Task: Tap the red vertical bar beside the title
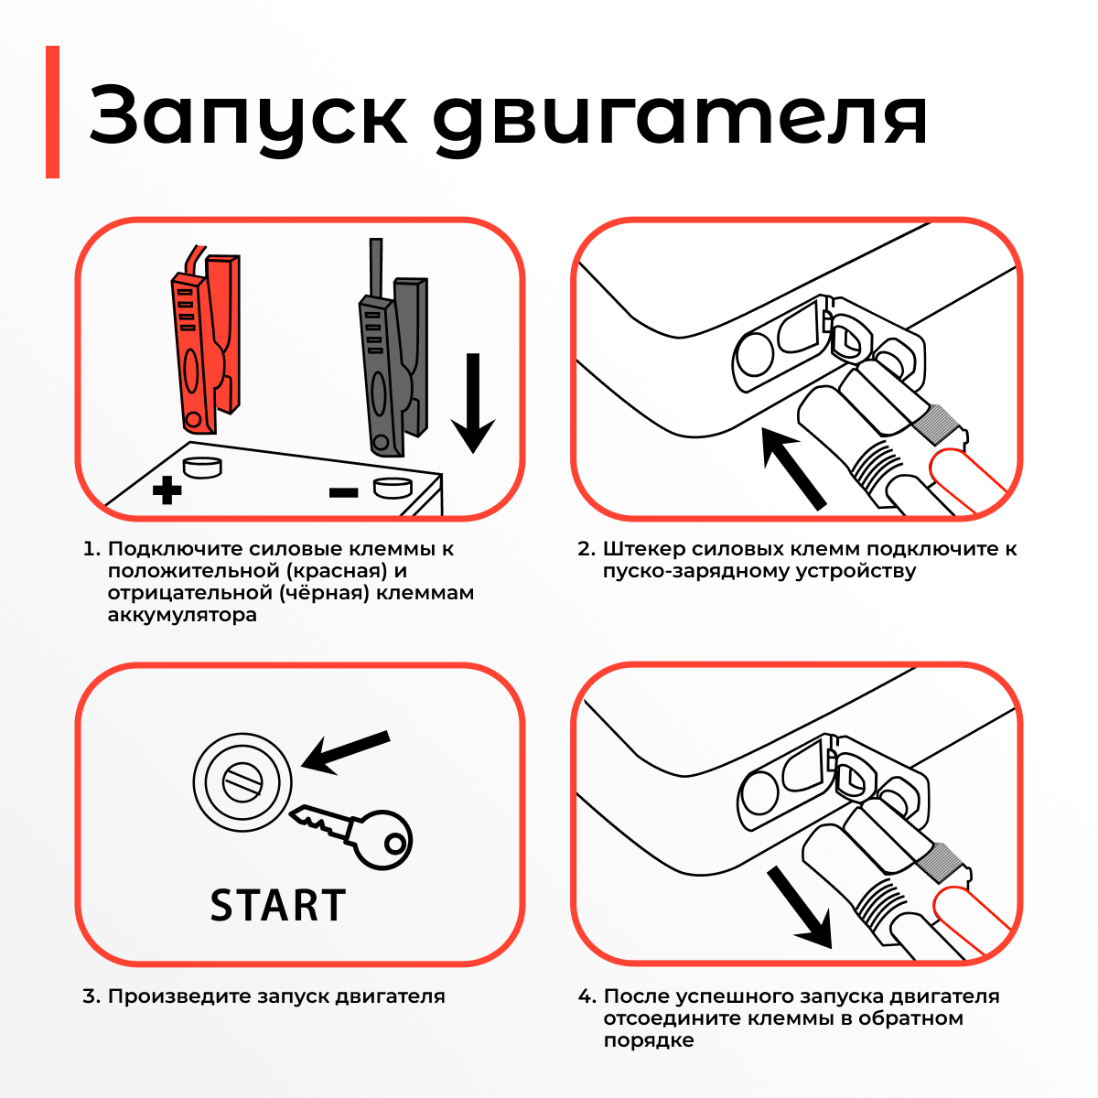tap(52, 112)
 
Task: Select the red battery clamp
tap(206, 339)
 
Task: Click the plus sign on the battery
tap(167, 490)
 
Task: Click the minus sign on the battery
tap(344, 493)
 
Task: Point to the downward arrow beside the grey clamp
tap(473, 403)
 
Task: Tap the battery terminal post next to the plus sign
tap(202, 468)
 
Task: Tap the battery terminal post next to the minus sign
tap(393, 488)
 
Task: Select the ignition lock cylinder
tap(242, 781)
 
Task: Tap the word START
tap(278, 905)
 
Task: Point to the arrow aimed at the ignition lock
tap(345, 753)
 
